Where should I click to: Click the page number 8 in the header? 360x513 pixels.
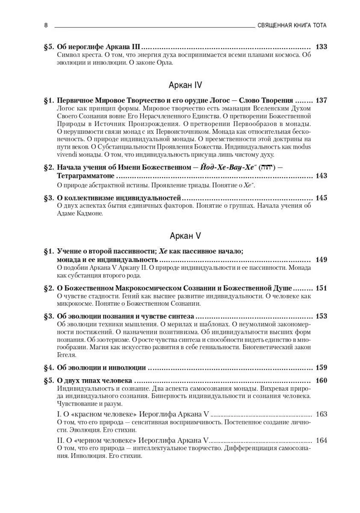46,25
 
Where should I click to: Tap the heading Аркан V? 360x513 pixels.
186,236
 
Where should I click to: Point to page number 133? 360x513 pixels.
321,47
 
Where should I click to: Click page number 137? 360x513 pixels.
321,100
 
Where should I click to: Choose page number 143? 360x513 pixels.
321,176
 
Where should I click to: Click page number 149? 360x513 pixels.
321,259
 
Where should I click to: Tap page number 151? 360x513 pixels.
321,288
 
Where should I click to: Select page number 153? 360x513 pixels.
321,316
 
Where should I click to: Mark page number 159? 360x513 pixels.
321,367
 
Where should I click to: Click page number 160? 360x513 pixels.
321,380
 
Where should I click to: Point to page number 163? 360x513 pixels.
321,414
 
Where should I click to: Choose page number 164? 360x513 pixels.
321,440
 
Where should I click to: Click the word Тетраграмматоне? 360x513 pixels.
86,176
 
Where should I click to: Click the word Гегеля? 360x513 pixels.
67,355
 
